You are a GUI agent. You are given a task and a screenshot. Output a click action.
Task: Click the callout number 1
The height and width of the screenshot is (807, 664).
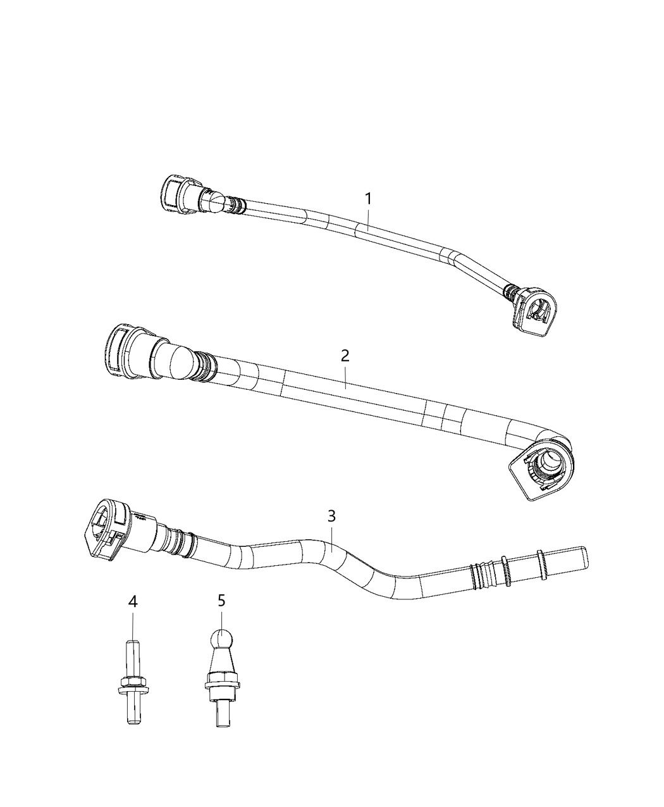click(x=367, y=199)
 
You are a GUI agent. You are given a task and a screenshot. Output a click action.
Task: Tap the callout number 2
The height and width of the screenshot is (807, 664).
click(x=345, y=355)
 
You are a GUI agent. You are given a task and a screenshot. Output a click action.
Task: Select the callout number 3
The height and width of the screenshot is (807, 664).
click(x=332, y=516)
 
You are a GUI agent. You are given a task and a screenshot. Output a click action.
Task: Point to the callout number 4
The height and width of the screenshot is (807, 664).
click(x=132, y=601)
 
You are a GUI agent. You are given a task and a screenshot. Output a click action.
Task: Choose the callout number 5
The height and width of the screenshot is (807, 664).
click(x=221, y=601)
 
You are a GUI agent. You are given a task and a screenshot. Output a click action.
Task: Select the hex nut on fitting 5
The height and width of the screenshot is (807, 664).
click(x=221, y=684)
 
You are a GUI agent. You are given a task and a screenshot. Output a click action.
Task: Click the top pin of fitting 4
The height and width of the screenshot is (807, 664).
click(x=132, y=658)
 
